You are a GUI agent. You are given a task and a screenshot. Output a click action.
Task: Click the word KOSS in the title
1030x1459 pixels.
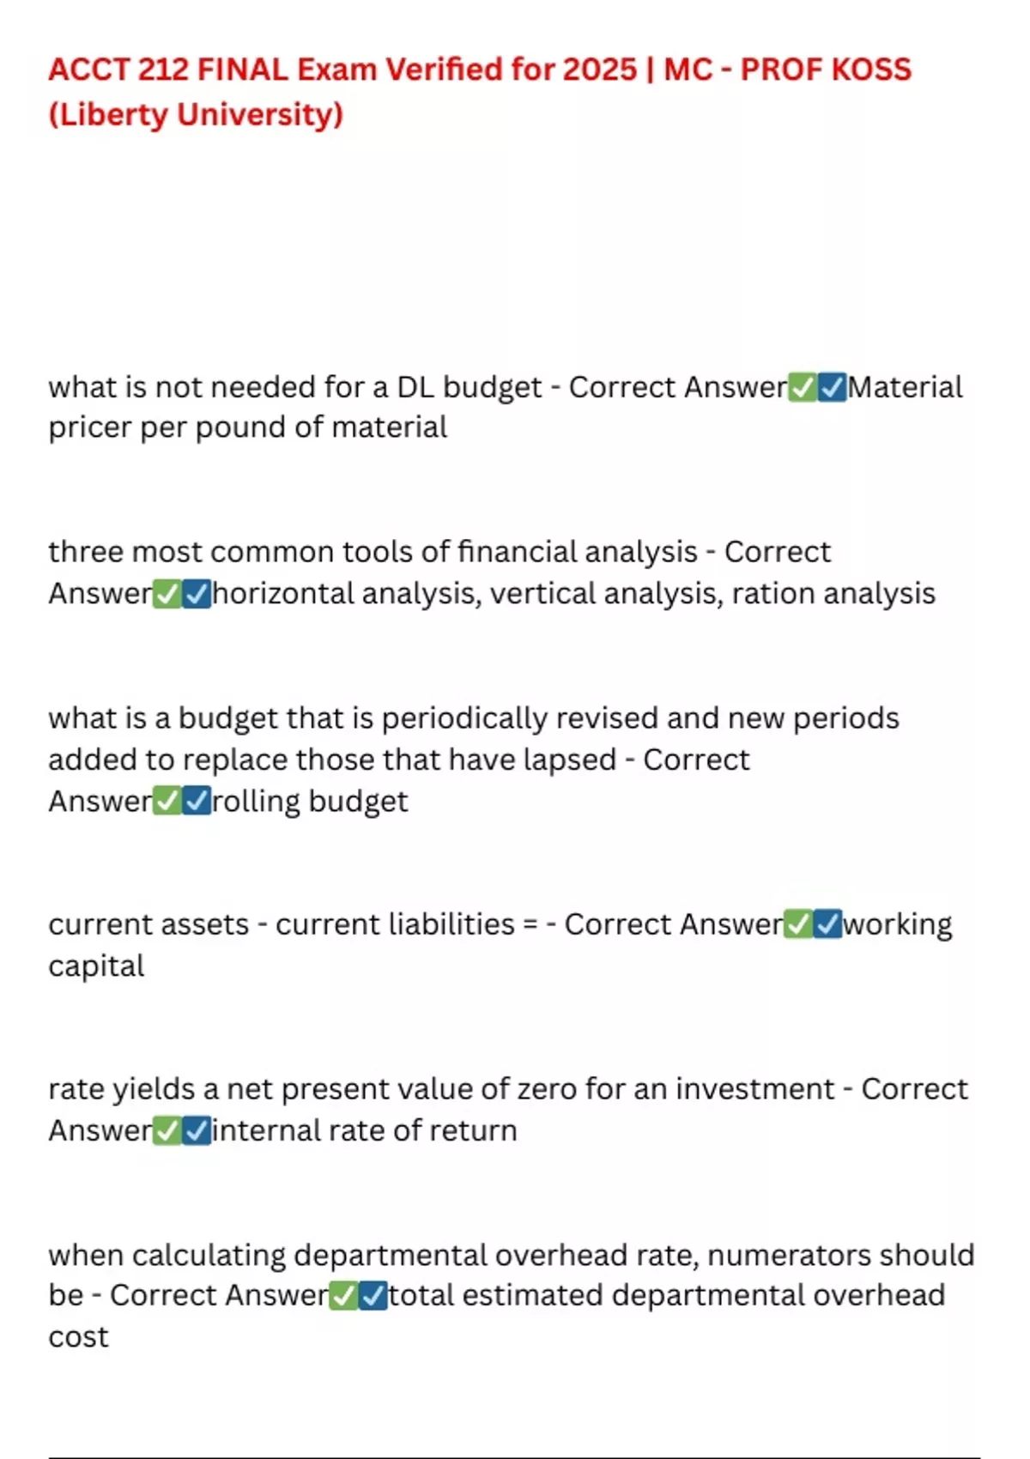point(869,70)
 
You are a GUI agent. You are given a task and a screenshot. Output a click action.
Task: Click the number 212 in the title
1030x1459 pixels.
point(162,70)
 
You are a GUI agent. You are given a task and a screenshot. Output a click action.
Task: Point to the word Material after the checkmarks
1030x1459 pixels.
point(906,387)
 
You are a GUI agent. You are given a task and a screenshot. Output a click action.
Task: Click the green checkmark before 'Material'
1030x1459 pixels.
point(803,388)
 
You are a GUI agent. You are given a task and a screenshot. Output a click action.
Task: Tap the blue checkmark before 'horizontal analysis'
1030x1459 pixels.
point(197,594)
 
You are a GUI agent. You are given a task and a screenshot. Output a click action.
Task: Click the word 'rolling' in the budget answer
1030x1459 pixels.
point(256,801)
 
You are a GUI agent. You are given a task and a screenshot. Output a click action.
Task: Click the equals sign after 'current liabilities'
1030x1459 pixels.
point(530,924)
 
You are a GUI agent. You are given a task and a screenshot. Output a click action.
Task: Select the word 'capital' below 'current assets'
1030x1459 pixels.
point(96,966)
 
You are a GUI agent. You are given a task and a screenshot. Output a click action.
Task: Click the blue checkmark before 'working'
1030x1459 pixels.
point(827,924)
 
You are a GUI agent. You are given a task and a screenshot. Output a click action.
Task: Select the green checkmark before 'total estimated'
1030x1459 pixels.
point(343,1295)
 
